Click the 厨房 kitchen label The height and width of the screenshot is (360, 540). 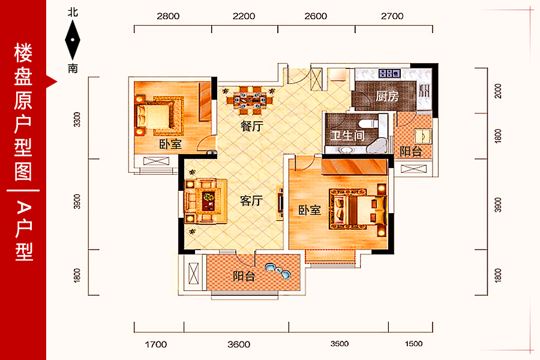point(387,96)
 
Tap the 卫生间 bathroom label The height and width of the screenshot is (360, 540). point(347,136)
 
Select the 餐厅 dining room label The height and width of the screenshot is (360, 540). point(252,126)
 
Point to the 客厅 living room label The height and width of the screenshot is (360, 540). point(251,200)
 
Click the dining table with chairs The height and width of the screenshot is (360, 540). point(250,100)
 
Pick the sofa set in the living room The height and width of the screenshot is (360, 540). point(206,201)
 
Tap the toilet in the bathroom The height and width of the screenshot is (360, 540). point(367,124)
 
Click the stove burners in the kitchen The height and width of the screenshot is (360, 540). point(389,73)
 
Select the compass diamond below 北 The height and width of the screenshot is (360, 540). point(73,40)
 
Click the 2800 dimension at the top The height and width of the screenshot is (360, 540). point(168,16)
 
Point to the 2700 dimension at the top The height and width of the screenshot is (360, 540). point(392,16)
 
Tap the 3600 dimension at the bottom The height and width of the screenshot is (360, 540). point(239,344)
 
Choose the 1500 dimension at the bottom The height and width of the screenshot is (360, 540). point(413,343)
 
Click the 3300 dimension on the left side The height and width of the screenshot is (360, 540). point(77,119)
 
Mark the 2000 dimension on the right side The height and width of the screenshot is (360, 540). point(498,91)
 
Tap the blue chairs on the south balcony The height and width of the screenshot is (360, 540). point(278,271)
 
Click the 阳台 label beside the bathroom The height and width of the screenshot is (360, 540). point(410,151)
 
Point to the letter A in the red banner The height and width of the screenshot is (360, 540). point(23,208)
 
